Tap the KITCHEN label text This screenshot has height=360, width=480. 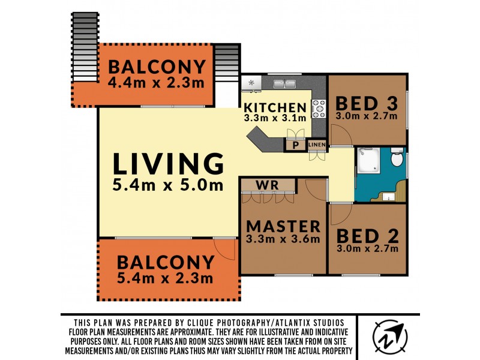pyautogui.click(x=275, y=107)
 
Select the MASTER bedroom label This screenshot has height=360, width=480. pyautogui.click(x=283, y=227)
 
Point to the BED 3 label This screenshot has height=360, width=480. pyautogui.click(x=367, y=103)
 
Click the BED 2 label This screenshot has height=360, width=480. pyautogui.click(x=367, y=236)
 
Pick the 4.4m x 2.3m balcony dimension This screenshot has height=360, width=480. pyautogui.click(x=156, y=83)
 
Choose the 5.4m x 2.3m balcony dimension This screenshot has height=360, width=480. pyautogui.click(x=165, y=278)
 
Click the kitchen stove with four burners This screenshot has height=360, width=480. pyautogui.click(x=319, y=109)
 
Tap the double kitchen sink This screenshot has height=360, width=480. pyautogui.click(x=284, y=83)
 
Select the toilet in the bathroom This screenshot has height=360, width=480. pyautogui.click(x=397, y=157)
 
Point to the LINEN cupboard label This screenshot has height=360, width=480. pyautogui.click(x=317, y=145)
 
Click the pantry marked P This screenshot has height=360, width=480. pyautogui.click(x=295, y=145)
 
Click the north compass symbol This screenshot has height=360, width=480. pyautogui.click(x=389, y=337)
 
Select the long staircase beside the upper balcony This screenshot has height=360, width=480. pyautogui.click(x=85, y=47)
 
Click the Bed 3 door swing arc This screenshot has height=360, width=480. pyautogui.click(x=341, y=135)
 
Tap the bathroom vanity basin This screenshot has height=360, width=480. pyautogui.click(x=388, y=197)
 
